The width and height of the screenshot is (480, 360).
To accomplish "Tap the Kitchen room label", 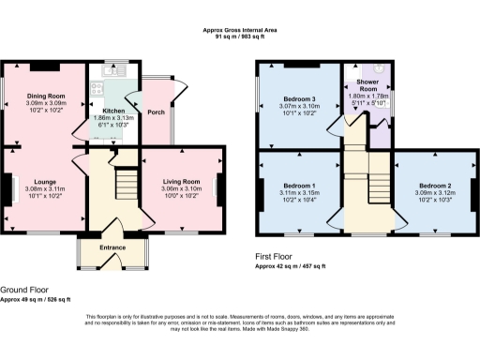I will (x=112, y=111).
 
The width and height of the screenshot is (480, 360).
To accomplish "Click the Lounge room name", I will (x=44, y=181).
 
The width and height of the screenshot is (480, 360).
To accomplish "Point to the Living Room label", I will (x=182, y=181).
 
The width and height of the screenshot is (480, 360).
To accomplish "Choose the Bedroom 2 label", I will (x=436, y=186).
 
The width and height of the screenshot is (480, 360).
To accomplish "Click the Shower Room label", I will (x=367, y=84).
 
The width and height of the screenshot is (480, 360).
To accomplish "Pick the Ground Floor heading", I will (x=25, y=291).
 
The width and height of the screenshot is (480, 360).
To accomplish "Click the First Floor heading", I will (x=277, y=256).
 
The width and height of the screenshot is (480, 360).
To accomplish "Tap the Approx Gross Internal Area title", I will (x=240, y=31).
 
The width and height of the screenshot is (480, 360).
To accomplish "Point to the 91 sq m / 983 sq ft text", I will (x=240, y=37).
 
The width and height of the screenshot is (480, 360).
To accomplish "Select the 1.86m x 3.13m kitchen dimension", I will (x=112, y=118).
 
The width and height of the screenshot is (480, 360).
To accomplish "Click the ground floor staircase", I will (x=124, y=180).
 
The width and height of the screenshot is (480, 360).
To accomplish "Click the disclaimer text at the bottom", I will (x=240, y=323).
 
